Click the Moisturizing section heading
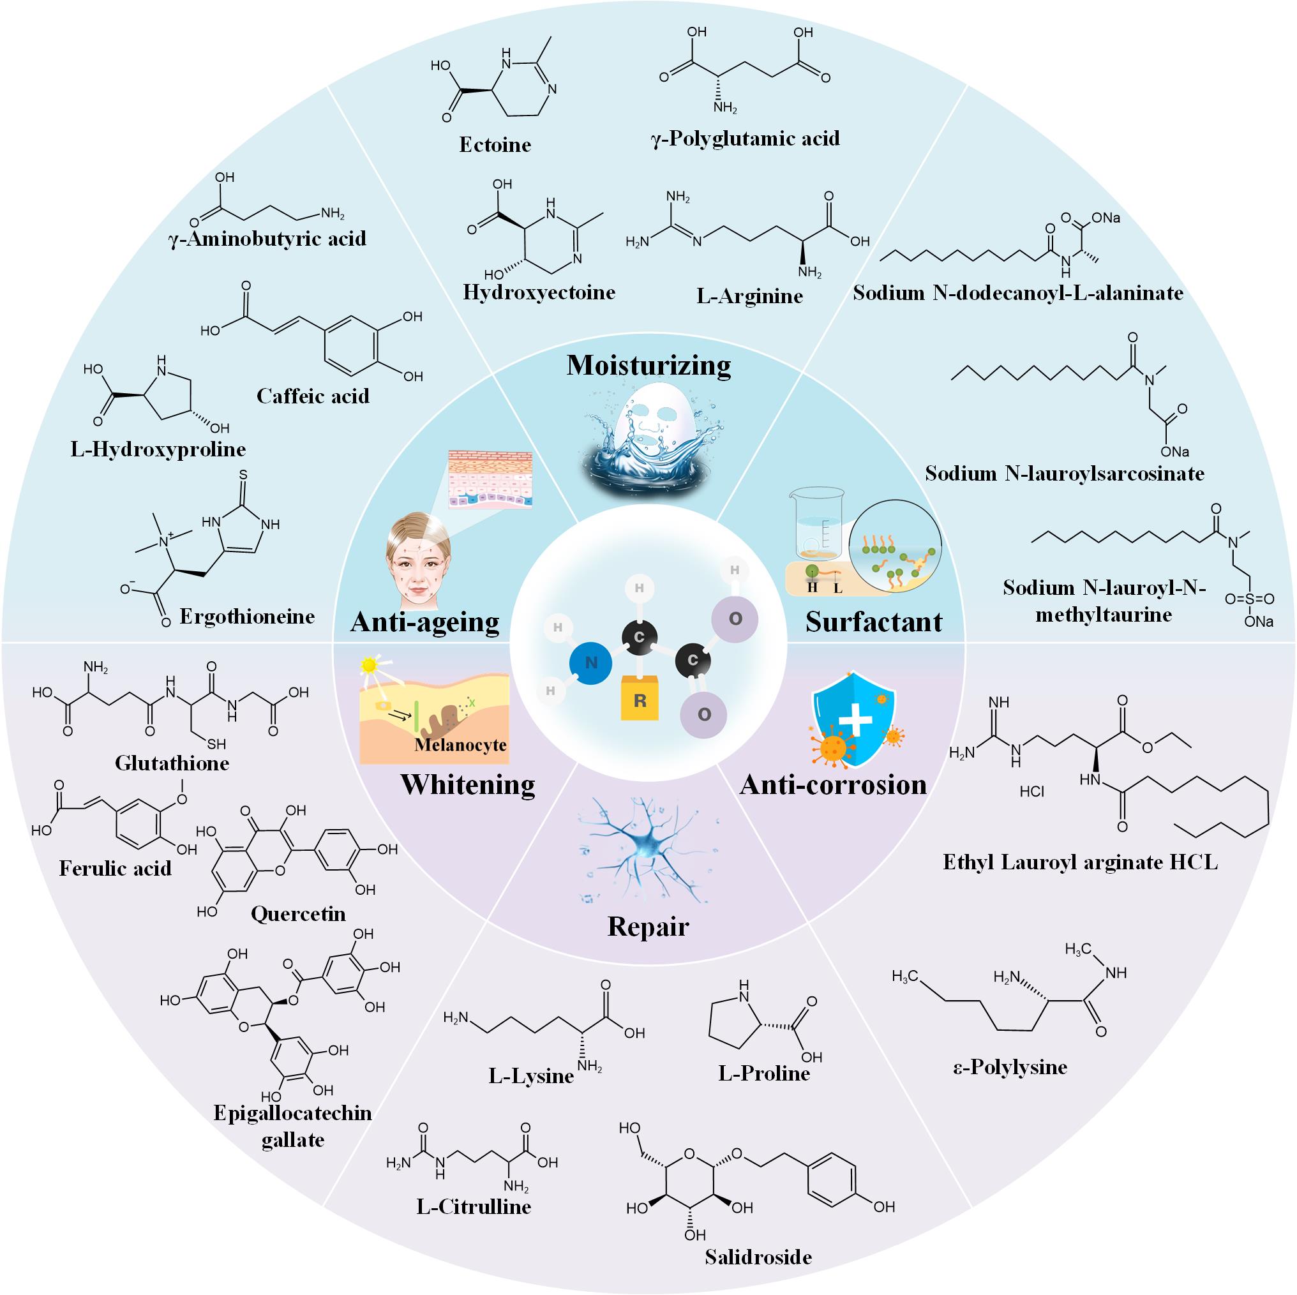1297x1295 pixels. click(648, 366)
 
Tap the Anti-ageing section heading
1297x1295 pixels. click(425, 622)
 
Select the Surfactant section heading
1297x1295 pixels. click(874, 622)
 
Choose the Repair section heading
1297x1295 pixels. click(648, 927)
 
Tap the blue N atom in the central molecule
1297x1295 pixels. click(591, 662)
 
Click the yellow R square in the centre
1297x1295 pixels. click(640, 701)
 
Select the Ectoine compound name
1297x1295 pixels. click(495, 145)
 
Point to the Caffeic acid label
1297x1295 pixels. click(313, 396)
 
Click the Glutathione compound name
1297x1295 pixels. click(172, 763)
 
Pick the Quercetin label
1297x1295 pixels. click(298, 914)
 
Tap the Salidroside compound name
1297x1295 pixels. click(758, 1257)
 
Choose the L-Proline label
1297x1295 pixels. click(764, 1074)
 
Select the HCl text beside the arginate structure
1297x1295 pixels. click(1032, 791)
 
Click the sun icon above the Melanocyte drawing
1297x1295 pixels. click(368, 664)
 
